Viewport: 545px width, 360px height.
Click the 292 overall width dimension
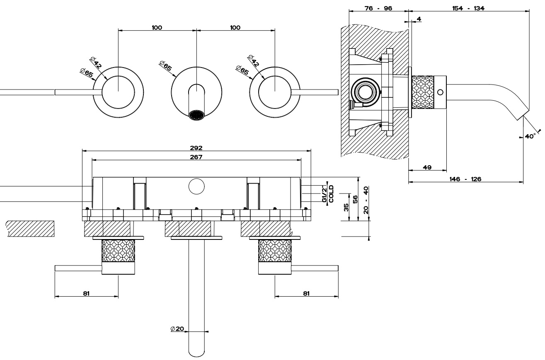pos(197,147)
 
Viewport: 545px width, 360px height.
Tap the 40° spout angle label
pos(530,136)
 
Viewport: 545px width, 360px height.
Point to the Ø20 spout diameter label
pos(177,329)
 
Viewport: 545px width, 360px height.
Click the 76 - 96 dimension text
pos(378,8)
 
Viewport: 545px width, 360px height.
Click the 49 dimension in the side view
pos(427,167)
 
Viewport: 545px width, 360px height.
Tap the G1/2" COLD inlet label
pos(327,194)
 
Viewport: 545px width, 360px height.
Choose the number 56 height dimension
pos(355,199)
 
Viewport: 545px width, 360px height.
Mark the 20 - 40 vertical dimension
pos(366,200)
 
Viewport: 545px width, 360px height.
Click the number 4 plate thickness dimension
pos(419,19)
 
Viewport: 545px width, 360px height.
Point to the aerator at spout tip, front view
pos(197,115)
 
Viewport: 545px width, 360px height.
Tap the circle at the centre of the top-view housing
pos(196,186)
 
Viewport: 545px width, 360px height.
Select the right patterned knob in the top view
pos(275,251)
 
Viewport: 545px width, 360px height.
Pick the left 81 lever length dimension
pos(86,293)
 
